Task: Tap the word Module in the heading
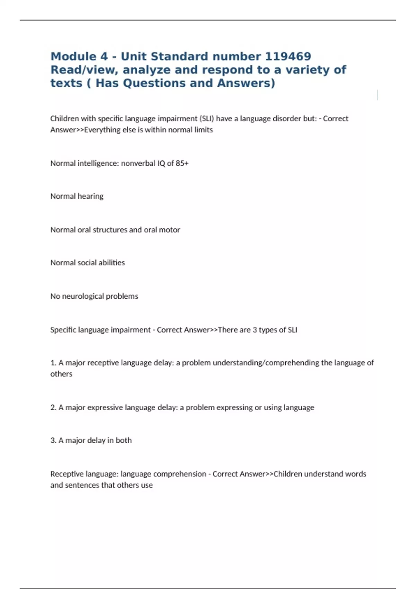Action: pos(74,56)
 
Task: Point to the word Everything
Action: pos(102,130)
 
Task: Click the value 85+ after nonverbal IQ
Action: pos(182,163)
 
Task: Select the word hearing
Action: pos(90,196)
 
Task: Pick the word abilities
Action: pos(112,263)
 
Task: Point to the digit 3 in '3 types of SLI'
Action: pos(254,330)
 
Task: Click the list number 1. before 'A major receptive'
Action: pos(53,363)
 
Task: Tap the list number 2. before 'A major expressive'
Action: pos(53,407)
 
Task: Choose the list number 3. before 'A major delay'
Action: pos(53,440)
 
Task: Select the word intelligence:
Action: pos(98,163)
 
